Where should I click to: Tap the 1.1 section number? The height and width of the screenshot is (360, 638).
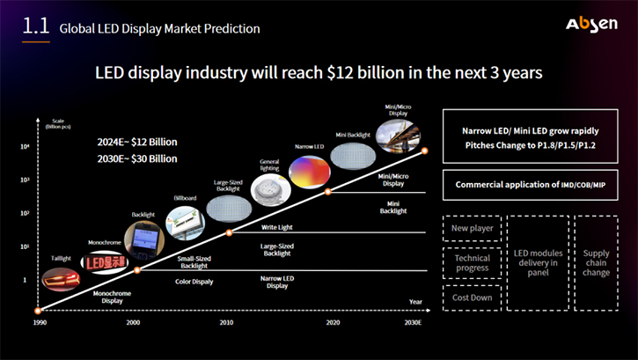pos(35,26)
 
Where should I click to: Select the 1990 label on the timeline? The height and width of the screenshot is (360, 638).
pos(39,323)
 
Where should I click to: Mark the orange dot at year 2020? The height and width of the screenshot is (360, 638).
pos(328,191)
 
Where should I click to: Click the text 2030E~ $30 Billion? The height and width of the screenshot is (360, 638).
pos(137,158)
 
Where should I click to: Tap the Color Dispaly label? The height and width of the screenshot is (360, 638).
pos(194,282)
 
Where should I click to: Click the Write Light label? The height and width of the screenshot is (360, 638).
pos(277,228)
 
